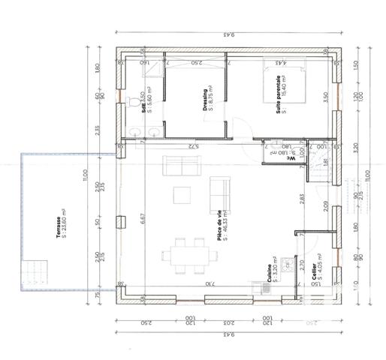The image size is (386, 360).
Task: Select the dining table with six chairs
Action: [182, 255]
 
